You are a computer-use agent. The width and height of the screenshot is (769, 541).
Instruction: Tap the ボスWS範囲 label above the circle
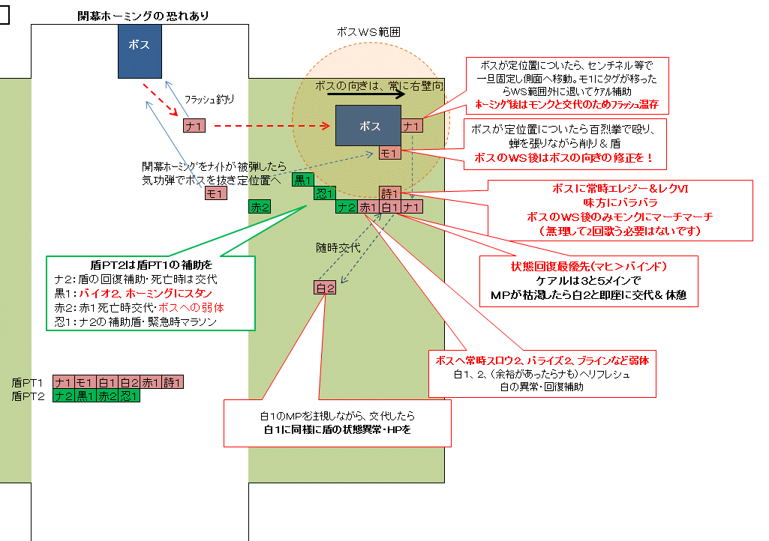pyautogui.click(x=368, y=33)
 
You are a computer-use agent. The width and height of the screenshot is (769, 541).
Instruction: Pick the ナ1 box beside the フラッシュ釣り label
pyautogui.click(x=194, y=126)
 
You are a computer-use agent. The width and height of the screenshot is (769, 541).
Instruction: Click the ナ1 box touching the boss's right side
pyautogui.click(x=411, y=126)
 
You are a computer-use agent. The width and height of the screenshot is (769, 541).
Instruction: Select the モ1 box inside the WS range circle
pyautogui.click(x=389, y=153)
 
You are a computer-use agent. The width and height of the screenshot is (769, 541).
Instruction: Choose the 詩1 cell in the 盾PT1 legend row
pyautogui.click(x=173, y=383)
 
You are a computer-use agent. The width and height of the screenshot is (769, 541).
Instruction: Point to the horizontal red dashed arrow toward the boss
pyautogui.click(x=270, y=126)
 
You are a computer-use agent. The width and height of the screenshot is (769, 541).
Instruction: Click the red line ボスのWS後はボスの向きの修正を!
pyautogui.click(x=564, y=158)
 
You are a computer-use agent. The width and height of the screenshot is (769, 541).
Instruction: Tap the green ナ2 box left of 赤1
pyautogui.click(x=346, y=207)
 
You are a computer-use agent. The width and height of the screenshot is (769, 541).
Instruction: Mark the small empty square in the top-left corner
pyautogui.click(x=4, y=16)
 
